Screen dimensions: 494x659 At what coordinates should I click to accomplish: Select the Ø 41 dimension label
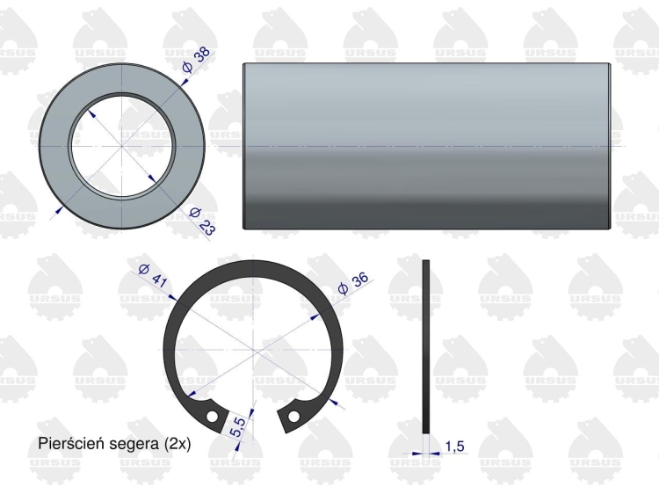coord(152,275)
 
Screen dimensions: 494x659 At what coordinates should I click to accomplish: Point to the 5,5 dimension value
coord(237,429)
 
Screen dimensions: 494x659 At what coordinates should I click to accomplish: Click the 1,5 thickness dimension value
coord(454,447)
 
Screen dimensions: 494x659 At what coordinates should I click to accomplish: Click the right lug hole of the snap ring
coord(296,410)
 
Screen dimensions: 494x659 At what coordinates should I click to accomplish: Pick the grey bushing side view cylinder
coord(425,146)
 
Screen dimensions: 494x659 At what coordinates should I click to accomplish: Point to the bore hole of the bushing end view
coord(119,144)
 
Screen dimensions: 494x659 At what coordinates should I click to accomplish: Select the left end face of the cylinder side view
coord(243,146)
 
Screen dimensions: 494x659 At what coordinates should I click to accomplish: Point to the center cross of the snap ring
coord(254,351)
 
